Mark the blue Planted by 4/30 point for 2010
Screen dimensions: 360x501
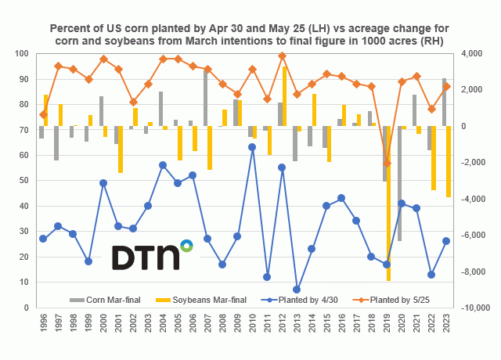point(252,147)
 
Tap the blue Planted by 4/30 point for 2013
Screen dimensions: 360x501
point(297,290)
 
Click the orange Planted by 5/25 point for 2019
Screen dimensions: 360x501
point(387,164)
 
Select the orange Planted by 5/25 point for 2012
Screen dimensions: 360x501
point(282,56)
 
